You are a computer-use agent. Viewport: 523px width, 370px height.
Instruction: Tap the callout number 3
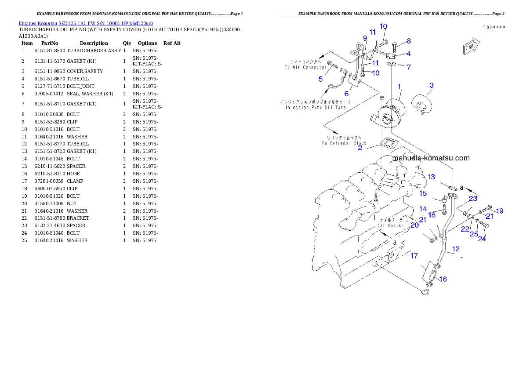[x=432, y=85]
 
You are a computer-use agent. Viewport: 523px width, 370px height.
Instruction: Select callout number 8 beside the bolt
[x=408, y=41]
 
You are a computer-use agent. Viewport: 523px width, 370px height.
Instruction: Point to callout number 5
[x=321, y=79]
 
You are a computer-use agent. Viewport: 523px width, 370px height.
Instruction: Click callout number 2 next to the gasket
[x=360, y=148]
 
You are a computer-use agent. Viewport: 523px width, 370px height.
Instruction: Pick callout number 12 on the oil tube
[x=456, y=249]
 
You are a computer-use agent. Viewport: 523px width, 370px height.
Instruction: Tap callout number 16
[x=443, y=279]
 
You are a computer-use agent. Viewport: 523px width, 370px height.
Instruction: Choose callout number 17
[x=414, y=256]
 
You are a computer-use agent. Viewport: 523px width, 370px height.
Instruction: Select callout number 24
[x=482, y=239]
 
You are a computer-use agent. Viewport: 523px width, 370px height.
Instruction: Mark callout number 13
[x=431, y=177]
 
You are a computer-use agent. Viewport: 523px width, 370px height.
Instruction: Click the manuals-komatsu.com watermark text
[x=431, y=158]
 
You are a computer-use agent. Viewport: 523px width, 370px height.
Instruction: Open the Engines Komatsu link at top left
[x=86, y=23]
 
